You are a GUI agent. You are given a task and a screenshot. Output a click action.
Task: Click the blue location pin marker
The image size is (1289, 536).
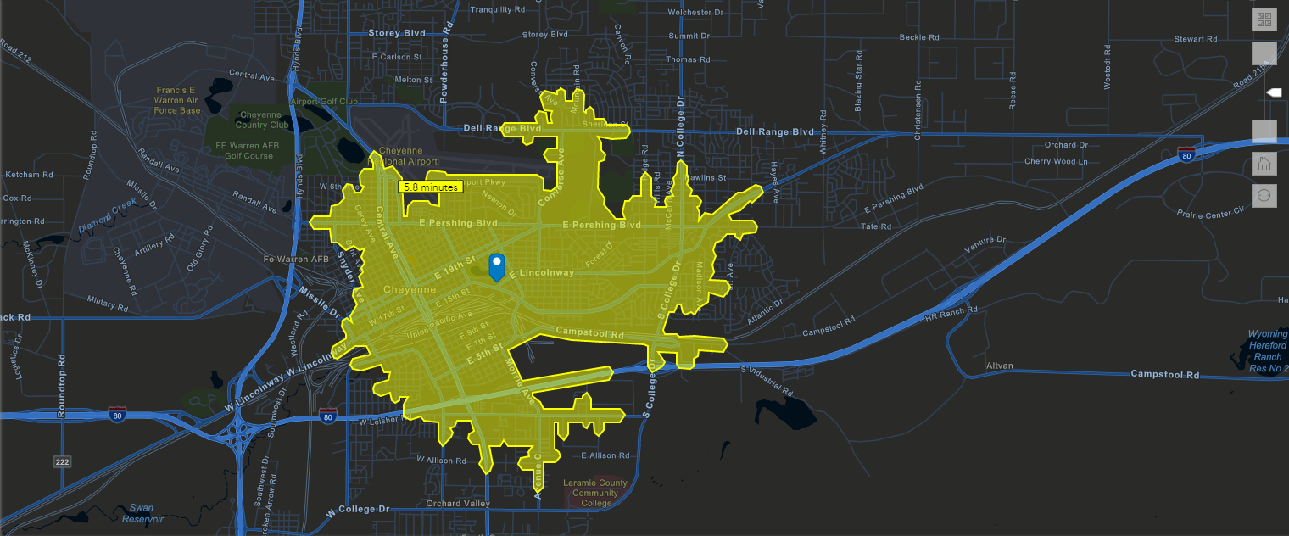click(498, 265)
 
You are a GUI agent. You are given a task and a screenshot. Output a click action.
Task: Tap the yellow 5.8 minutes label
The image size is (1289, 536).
click(430, 187)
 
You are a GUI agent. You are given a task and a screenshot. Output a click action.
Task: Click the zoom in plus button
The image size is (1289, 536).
click(1264, 53)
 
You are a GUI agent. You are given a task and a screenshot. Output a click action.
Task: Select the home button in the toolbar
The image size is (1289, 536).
click(1264, 164)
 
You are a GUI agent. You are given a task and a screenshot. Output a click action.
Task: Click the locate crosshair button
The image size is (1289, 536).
click(1264, 196)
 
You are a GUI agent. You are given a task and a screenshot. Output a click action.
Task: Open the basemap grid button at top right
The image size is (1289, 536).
click(1264, 20)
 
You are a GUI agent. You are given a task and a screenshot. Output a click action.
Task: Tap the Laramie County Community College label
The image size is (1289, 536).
click(595, 493)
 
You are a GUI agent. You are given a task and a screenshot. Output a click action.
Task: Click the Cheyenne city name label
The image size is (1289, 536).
click(410, 289)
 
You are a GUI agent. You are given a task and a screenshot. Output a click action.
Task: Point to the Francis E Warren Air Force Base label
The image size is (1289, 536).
click(178, 99)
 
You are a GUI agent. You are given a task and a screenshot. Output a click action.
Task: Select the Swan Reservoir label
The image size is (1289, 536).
click(137, 513)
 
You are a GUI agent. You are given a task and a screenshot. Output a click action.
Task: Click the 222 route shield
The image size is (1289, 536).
click(62, 461)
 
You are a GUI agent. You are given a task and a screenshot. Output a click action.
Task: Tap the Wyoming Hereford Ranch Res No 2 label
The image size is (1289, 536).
click(1268, 351)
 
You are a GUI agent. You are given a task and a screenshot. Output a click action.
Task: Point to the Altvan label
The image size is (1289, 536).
click(1000, 366)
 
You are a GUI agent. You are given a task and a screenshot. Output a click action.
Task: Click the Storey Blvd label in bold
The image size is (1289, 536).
click(397, 33)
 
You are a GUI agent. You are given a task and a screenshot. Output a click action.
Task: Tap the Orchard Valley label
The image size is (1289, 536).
click(458, 503)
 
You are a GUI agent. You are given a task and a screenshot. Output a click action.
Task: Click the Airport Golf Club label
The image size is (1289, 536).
click(324, 101)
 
